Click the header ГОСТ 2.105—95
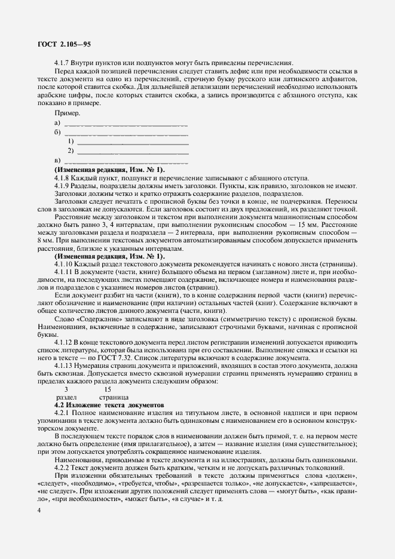(x=63, y=44)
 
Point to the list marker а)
(x=57, y=124)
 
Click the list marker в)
(x=57, y=161)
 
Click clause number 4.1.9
(x=63, y=186)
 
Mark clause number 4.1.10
(x=64, y=265)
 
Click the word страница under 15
(x=114, y=397)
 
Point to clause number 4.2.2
(x=63, y=468)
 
